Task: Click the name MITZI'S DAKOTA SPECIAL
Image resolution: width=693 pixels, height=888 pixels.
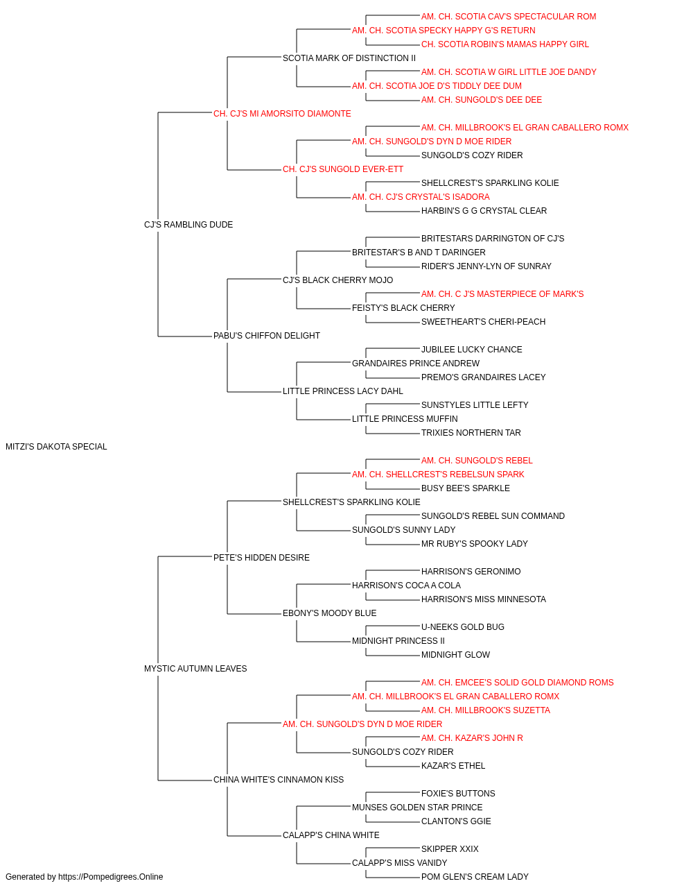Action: [56, 447]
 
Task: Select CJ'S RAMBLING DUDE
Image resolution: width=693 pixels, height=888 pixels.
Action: [188, 225]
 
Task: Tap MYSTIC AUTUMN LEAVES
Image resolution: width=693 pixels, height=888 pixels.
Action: [195, 669]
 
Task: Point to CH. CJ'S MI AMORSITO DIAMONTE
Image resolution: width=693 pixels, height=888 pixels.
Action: [282, 114]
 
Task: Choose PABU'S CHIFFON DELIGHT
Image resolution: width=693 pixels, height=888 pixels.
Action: [267, 336]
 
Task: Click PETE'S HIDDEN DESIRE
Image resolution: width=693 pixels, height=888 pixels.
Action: [261, 557]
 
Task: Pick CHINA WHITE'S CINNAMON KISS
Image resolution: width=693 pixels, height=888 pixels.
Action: [279, 780]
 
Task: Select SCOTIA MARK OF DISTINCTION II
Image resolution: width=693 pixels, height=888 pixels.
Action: [349, 58]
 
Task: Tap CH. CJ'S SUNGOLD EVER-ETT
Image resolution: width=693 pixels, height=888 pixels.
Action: [343, 169]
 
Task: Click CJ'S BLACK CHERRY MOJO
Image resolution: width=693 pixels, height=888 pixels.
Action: [338, 280]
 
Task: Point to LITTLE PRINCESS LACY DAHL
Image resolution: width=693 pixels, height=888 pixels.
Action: [343, 391]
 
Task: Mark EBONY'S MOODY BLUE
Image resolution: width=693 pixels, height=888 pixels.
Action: [329, 613]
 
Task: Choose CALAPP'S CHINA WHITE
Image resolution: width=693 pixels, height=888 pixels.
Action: [331, 835]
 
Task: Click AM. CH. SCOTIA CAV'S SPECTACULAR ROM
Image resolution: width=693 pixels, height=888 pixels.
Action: [509, 17]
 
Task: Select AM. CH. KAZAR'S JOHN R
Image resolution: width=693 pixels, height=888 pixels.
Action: [472, 738]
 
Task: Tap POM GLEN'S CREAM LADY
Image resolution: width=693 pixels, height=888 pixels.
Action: [475, 877]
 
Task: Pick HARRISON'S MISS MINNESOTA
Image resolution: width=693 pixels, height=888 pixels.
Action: [484, 599]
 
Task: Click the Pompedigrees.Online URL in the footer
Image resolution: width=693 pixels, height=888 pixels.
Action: [111, 877]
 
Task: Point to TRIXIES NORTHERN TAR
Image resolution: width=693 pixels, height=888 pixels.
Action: [471, 433]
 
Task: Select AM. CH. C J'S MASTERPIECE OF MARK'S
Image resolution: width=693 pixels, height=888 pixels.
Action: [502, 294]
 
